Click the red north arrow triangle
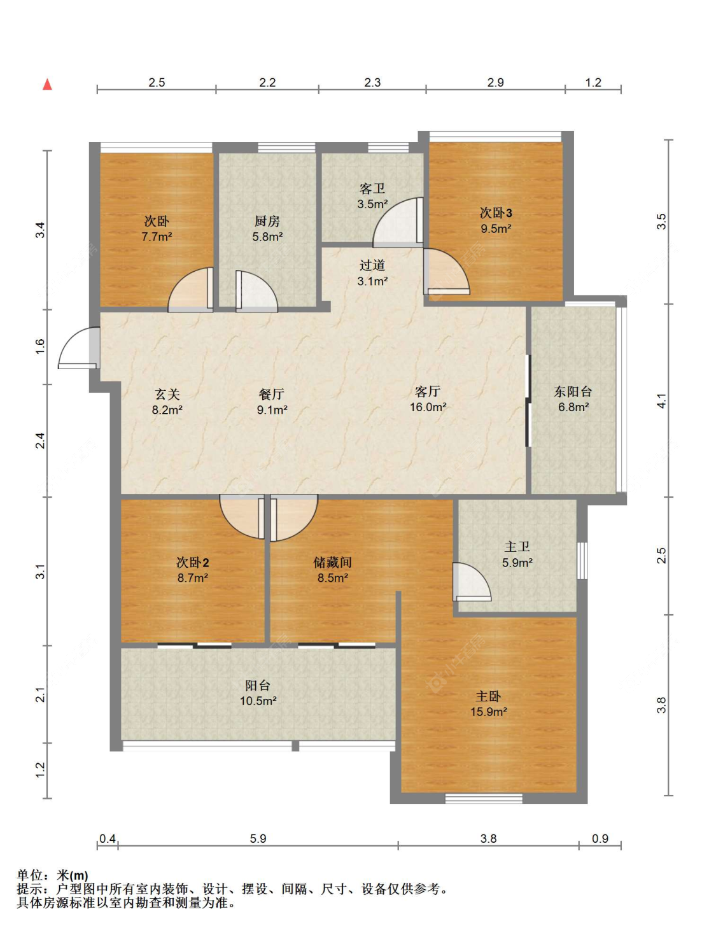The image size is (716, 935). tap(47, 85)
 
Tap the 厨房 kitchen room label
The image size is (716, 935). tap(267, 221)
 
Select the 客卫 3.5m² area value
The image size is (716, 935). tap(372, 204)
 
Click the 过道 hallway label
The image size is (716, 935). tap(372, 265)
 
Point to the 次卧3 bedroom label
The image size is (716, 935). tap(496, 213)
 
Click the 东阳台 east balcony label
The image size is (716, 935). tap(573, 391)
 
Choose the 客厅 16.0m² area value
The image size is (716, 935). tap(428, 407)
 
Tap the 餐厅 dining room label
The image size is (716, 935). tap(271, 394)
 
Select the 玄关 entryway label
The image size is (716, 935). tap(167, 394)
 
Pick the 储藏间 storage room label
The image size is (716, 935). tap(332, 562)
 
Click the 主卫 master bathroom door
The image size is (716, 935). tap(472, 582)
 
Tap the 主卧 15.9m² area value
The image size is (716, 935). tap(489, 712)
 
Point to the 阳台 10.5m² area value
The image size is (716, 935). tap(258, 701)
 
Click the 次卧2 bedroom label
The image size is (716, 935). tap(193, 562)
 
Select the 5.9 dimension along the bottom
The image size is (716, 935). tap(258, 838)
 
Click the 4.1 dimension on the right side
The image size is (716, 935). tap(663, 400)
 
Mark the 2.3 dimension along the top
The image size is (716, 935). tap(372, 82)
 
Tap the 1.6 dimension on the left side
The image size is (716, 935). tap(39, 346)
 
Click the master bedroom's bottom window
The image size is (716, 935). tap(484, 799)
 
